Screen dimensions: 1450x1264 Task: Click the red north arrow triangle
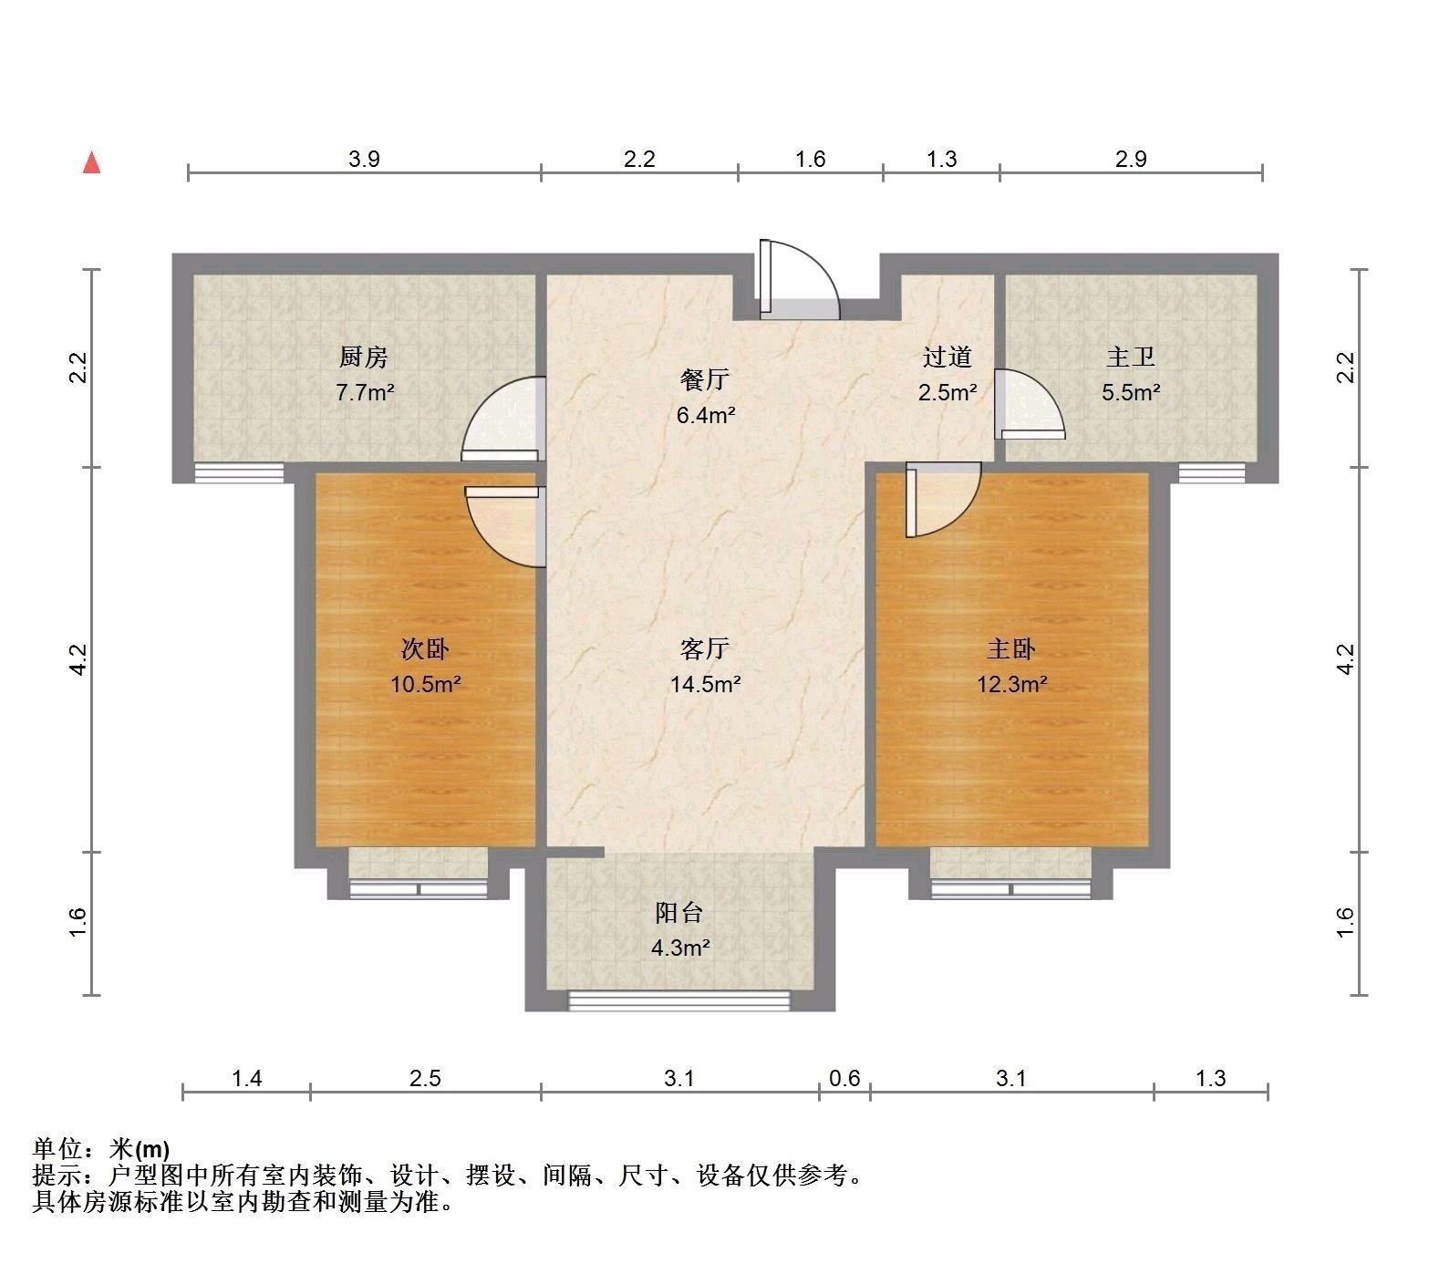(x=91, y=162)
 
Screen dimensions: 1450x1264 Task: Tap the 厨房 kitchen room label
(x=364, y=357)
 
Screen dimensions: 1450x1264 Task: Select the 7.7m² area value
(x=365, y=393)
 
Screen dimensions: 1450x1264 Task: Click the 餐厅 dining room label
(x=706, y=378)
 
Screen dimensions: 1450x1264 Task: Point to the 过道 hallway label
(x=948, y=357)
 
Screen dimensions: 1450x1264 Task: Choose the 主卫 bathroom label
(x=1131, y=357)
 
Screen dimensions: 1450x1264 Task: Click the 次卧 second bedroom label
(x=426, y=648)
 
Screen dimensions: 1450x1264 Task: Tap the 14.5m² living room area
(x=705, y=684)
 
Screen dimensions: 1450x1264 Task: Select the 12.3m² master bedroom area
(x=1012, y=684)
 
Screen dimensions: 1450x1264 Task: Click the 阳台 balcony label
(x=679, y=912)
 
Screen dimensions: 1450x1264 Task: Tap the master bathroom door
(x=1029, y=404)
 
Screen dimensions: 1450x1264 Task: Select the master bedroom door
(x=943, y=500)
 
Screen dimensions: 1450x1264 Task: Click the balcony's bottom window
(x=679, y=1001)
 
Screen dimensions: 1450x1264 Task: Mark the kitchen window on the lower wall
(x=239, y=473)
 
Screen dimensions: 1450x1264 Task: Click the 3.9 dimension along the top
(x=364, y=160)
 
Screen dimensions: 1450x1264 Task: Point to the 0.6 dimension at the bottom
(x=844, y=1079)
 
